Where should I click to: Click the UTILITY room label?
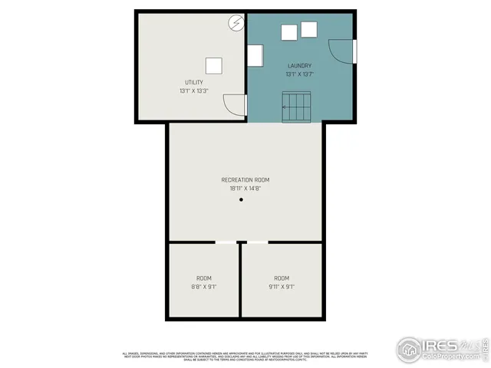[x=193, y=82]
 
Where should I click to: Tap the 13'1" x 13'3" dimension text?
[x=193, y=91]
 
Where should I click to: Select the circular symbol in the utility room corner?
[x=235, y=23]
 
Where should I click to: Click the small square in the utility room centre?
[x=214, y=64]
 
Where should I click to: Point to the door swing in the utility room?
[x=233, y=105]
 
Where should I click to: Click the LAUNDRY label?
[x=299, y=66]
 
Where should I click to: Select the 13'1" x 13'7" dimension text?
[x=299, y=74]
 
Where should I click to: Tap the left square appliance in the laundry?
[x=290, y=32]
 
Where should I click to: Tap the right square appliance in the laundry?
[x=309, y=29]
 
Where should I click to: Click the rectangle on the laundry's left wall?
[x=255, y=55]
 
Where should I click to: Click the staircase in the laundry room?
[x=296, y=106]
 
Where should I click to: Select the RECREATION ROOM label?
[x=245, y=180]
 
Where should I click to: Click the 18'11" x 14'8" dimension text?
[x=245, y=189]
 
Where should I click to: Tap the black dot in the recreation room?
[x=240, y=200]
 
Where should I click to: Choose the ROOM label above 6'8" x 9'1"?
[x=204, y=278]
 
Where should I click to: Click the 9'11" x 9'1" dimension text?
[x=282, y=287]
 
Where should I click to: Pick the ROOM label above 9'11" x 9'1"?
[x=282, y=278]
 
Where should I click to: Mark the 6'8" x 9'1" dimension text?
[x=204, y=287]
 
